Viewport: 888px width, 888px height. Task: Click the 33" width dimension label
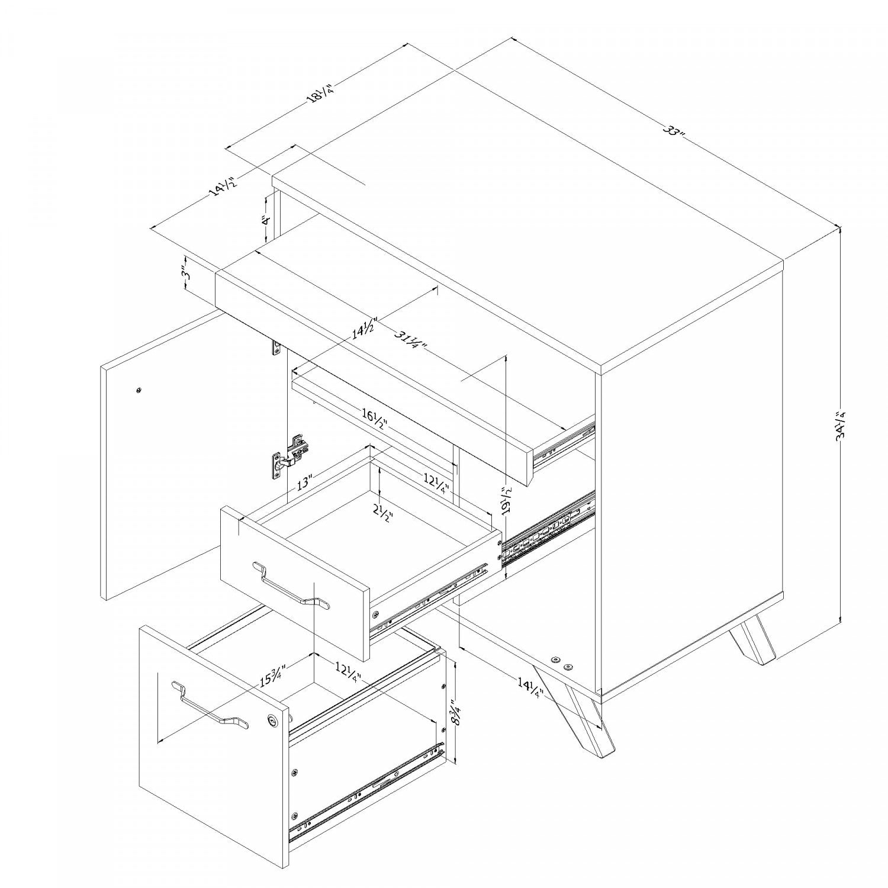[x=673, y=131]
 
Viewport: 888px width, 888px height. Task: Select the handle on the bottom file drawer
[x=210, y=705]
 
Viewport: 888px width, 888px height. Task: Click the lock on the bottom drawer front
[x=272, y=720]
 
